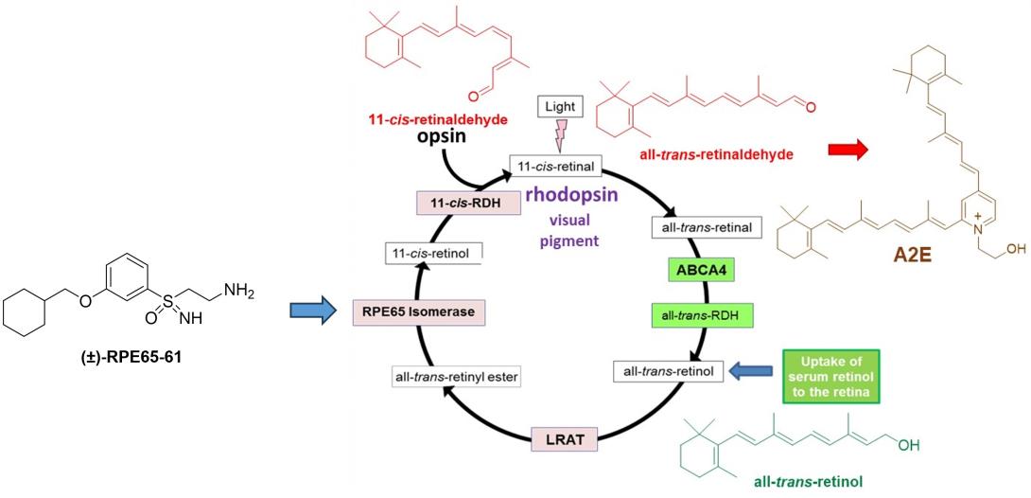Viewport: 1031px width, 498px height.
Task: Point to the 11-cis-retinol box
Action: click(434, 252)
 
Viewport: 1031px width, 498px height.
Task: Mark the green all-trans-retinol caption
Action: click(805, 480)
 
